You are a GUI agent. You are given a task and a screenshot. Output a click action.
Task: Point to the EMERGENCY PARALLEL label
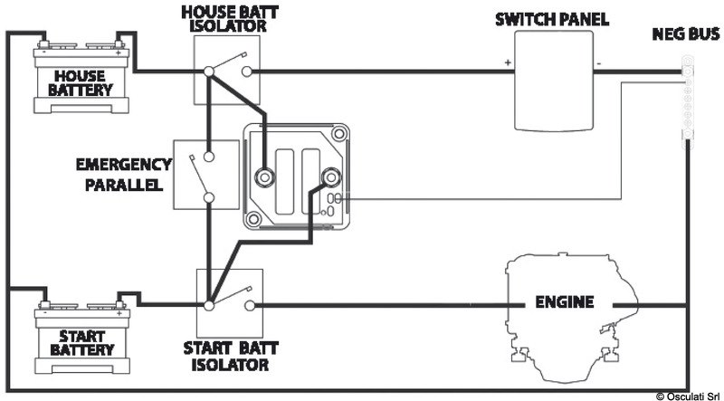click(124, 175)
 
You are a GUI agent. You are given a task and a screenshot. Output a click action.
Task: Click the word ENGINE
click(563, 301)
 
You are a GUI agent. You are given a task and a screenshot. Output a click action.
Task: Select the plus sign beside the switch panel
click(509, 62)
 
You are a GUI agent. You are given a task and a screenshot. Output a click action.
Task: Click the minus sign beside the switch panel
click(599, 62)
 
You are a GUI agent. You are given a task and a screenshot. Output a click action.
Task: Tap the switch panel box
click(554, 82)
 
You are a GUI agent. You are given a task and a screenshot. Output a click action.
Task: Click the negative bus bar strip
click(687, 100)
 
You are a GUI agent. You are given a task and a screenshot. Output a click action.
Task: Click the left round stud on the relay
click(265, 176)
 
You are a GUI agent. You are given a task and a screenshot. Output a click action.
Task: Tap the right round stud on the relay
click(323, 176)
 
